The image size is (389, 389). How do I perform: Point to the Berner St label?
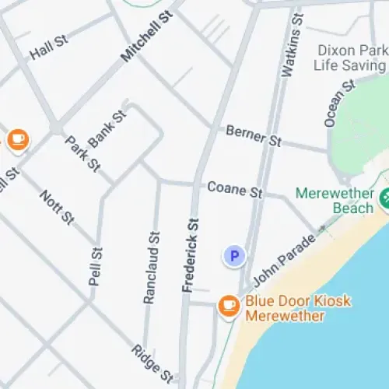pyautogui.click(x=253, y=136)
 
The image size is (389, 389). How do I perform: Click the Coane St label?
pyautogui.click(x=235, y=188)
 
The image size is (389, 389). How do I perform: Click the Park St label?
pyautogui.click(x=82, y=154)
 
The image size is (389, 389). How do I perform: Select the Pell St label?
pyautogui.click(x=95, y=265)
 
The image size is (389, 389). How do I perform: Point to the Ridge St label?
pyautogui.click(x=151, y=363)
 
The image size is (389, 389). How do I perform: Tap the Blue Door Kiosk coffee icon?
pyautogui.click(x=228, y=306)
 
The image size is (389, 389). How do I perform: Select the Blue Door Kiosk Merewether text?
pyautogui.click(x=298, y=308)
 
